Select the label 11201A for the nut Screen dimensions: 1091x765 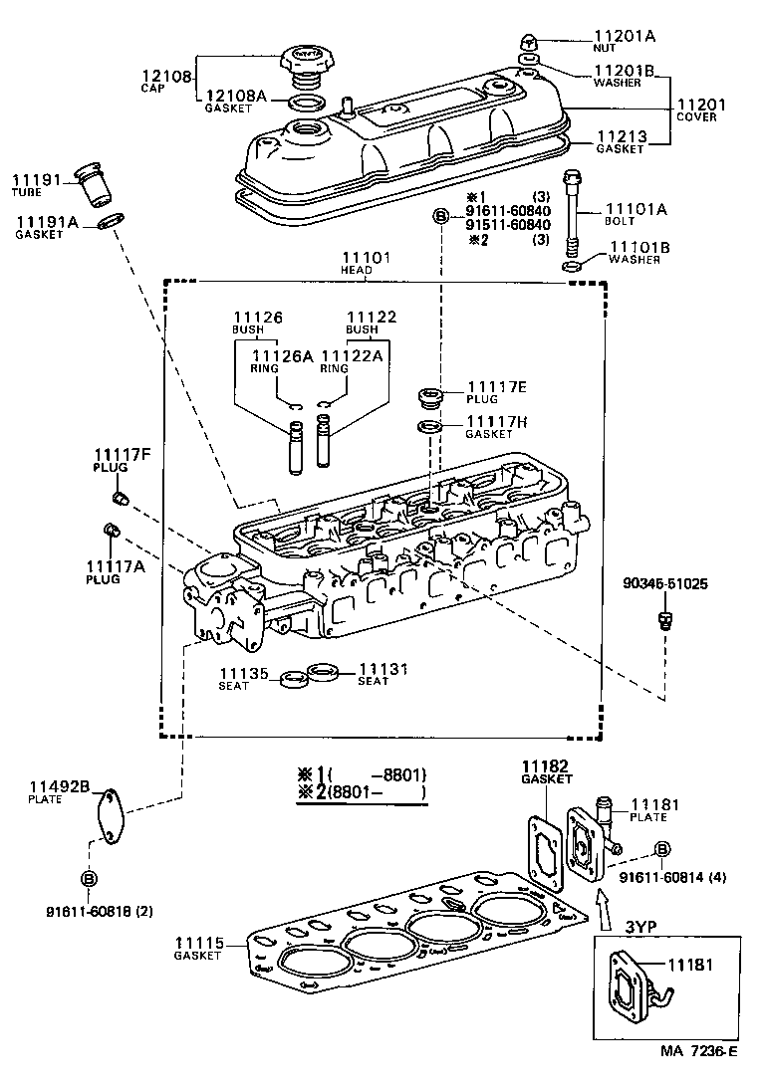[625, 36]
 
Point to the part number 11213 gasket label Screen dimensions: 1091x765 [622, 136]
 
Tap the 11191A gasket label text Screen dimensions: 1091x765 [45, 221]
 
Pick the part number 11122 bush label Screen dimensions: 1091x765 [372, 317]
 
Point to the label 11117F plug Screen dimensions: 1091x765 [123, 456]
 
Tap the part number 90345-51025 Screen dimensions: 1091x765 [666, 583]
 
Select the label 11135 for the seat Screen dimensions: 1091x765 [244, 674]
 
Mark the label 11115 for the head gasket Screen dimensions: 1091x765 [202, 943]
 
